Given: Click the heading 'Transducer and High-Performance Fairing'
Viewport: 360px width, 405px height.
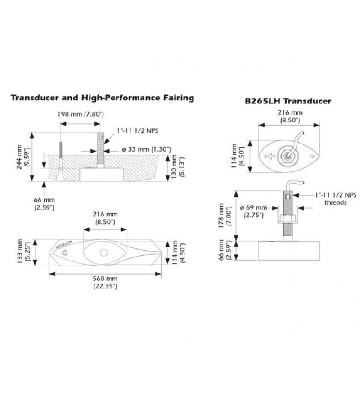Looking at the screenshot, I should point(103,98).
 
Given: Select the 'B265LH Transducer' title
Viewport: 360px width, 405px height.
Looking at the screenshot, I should point(288,101).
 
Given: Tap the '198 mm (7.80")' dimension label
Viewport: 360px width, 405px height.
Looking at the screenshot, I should point(81,114).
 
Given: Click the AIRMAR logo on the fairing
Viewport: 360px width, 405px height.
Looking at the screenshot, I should point(65,246).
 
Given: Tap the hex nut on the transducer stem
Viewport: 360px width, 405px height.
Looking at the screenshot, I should point(287,219).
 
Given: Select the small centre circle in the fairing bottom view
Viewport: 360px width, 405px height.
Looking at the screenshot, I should point(104,252).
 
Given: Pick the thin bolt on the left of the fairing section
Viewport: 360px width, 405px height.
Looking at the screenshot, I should point(60,155).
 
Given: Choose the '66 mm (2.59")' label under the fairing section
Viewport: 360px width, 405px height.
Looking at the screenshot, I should point(44,203).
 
